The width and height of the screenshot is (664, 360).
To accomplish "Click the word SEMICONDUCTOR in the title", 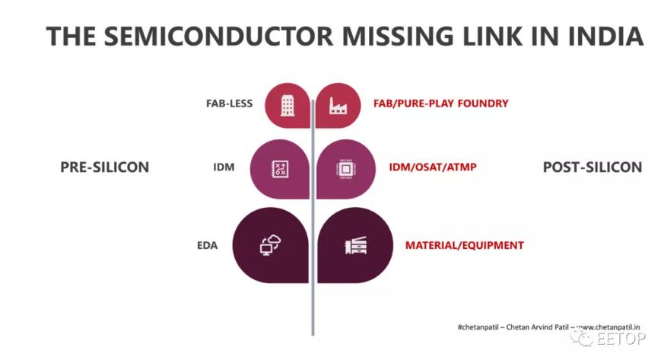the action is (218, 36).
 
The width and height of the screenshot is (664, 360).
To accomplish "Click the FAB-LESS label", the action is (229, 104).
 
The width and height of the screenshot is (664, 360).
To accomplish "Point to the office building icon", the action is (287, 105).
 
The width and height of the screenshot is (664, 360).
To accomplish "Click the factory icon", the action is (338, 106).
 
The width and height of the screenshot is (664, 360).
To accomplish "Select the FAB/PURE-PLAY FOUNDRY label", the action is (440, 104).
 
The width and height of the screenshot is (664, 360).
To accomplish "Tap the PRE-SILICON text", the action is (105, 167).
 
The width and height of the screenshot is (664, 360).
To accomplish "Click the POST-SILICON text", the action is (593, 167).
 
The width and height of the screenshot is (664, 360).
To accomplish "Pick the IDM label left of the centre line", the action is (224, 167).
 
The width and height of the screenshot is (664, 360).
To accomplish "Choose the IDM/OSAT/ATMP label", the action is (432, 167).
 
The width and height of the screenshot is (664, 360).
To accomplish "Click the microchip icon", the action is (345, 169).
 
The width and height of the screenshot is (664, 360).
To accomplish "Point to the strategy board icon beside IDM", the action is (280, 169).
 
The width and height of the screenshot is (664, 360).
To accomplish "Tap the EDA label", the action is (207, 246).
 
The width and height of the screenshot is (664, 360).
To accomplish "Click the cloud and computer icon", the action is (270, 245).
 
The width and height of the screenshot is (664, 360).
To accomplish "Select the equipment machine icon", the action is (356, 245).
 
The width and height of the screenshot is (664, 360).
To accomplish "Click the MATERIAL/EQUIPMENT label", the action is (465, 246).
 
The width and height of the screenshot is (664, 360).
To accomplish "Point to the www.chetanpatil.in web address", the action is (608, 327).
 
